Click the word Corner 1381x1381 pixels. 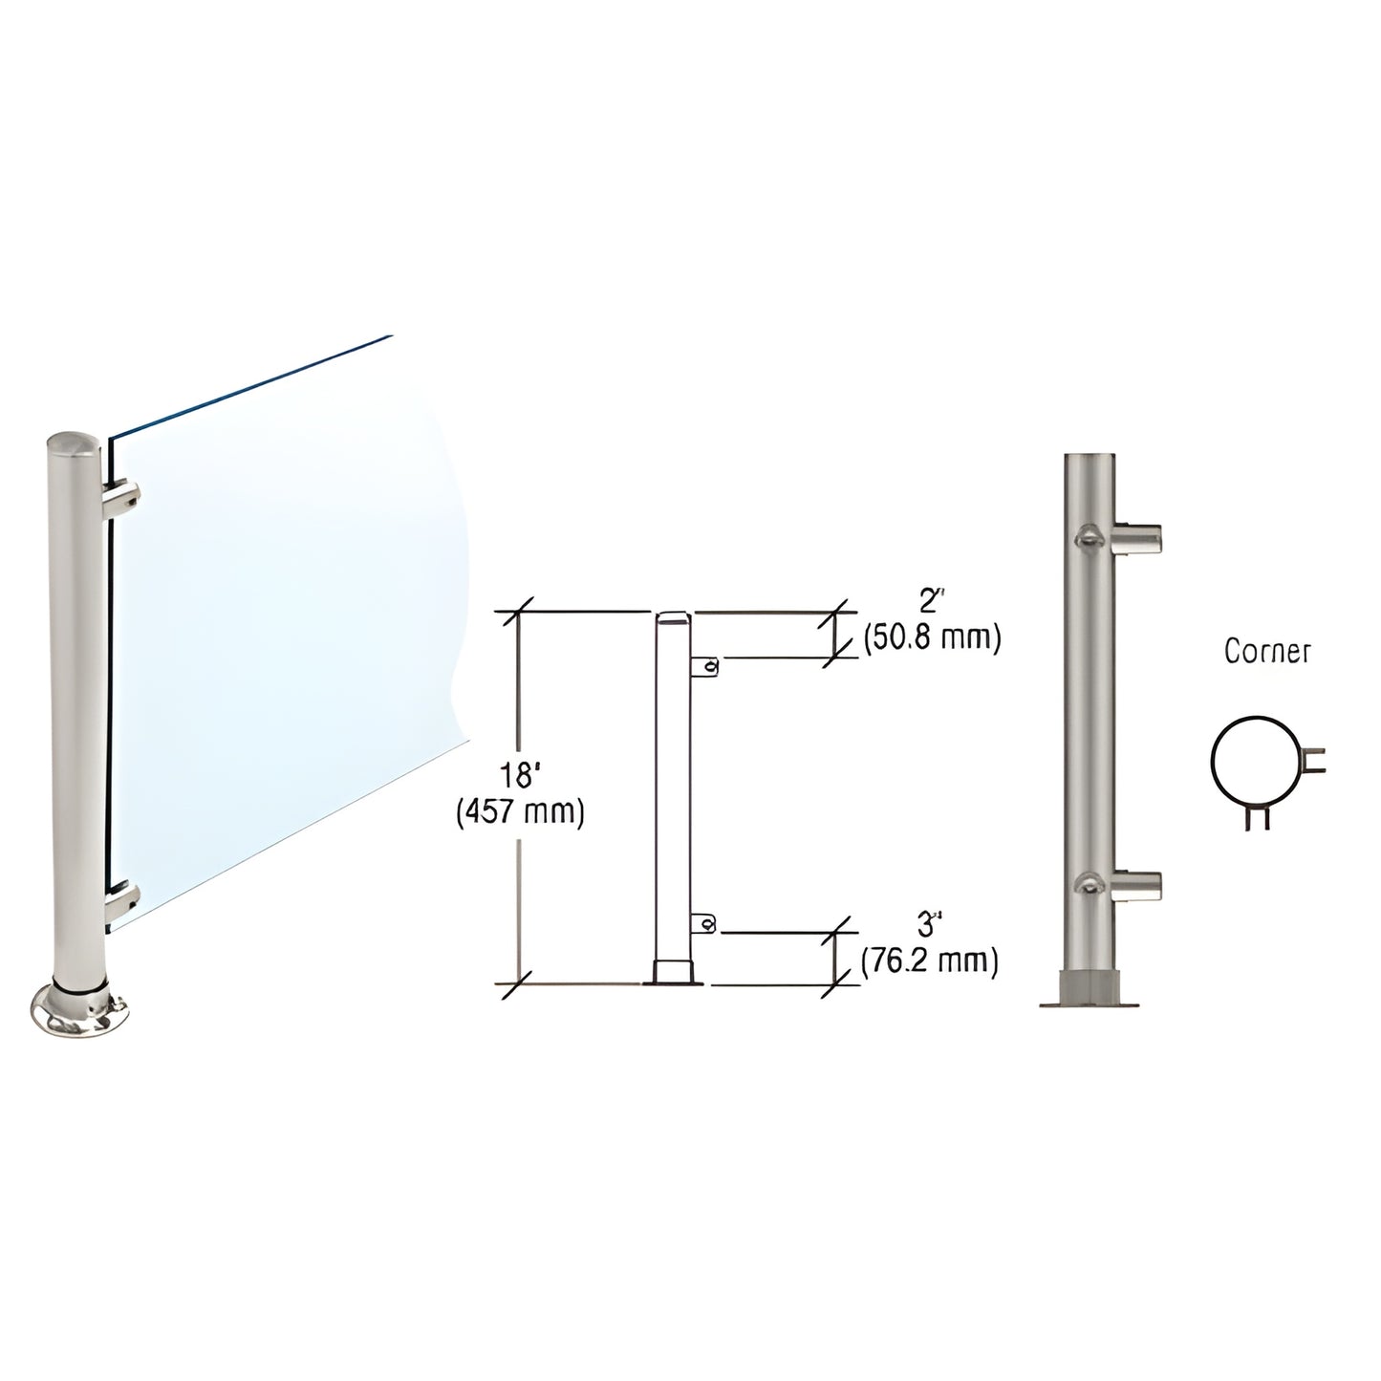1267,652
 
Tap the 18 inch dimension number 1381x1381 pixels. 520,776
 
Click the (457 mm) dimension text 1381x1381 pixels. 520,813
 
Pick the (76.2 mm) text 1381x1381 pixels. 930,960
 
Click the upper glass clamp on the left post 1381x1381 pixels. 124,497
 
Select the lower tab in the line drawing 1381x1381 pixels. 705,922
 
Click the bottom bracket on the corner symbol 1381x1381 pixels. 1258,817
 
